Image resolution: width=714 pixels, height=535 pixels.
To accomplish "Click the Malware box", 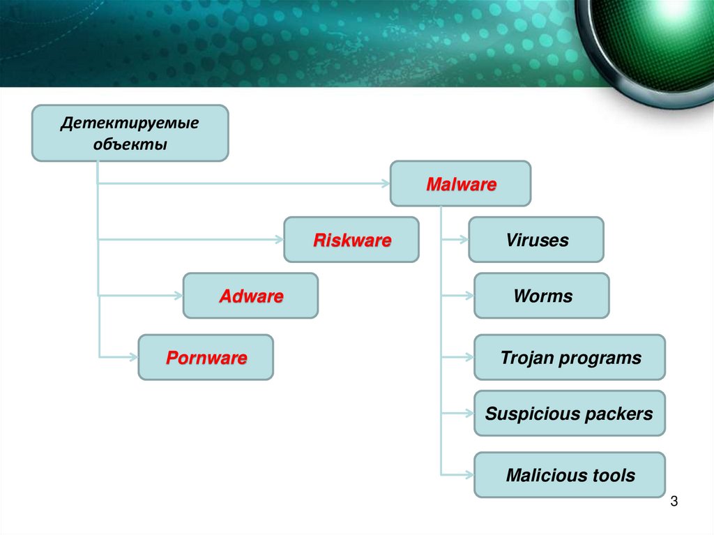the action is click(460, 184).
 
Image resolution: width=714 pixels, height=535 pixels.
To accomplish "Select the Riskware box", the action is click(351, 240).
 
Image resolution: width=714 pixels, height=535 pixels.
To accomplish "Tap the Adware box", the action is click(250, 296).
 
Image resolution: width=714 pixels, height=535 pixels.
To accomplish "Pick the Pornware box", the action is click(206, 358).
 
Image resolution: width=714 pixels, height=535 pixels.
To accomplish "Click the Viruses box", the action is click(536, 240).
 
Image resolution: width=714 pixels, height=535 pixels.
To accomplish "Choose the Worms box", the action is click(542, 296).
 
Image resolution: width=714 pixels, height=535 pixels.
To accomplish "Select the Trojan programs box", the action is click(570, 358).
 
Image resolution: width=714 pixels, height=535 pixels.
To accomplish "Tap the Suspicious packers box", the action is click(569, 414).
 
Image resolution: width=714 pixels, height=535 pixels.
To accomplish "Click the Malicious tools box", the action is click(570, 476).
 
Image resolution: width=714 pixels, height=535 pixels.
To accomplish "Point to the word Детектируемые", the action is click(130, 123).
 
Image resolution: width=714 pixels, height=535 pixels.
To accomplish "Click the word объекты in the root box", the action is click(130, 145).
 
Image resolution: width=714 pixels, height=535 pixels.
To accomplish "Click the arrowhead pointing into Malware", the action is click(385, 184).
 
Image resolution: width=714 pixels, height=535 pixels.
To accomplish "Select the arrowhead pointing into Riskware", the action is click(279, 240).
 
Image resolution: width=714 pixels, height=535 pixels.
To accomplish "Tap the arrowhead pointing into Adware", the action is click(178, 296).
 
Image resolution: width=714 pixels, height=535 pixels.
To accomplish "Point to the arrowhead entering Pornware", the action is click(133, 358).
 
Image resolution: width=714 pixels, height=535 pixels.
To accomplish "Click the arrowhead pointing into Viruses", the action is click(464, 240).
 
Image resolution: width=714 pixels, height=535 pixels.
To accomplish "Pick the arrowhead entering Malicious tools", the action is click(469, 476).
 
